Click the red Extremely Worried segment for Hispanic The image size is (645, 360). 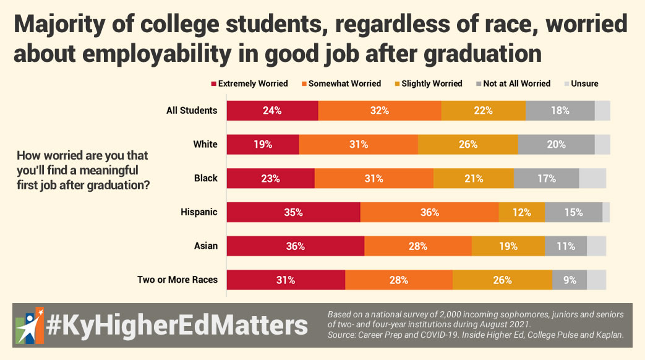tap(293, 212)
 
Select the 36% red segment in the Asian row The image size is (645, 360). tap(296, 246)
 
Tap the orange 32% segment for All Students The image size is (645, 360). tap(380, 111)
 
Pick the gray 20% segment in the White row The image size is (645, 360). tap(556, 144)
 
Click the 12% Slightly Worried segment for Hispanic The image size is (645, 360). tap(521, 212)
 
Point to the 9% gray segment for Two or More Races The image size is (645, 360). tap(570, 280)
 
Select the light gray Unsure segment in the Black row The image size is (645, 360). tap(593, 178)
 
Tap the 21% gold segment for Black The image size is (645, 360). tap(474, 178)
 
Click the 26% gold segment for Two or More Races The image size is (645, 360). tap(503, 280)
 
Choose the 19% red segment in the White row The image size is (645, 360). tap(263, 144)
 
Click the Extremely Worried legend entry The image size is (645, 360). tap(249, 84)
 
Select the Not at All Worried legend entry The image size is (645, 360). tap(513, 84)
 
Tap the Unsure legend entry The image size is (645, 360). tap(581, 84)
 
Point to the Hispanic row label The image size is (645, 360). tap(199, 212)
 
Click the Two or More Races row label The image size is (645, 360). tap(177, 280)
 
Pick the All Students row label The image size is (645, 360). tap(192, 110)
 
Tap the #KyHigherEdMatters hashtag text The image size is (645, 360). tap(177, 325)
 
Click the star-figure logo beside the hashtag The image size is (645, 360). tap(30, 325)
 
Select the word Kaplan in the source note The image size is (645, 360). tap(609, 335)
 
